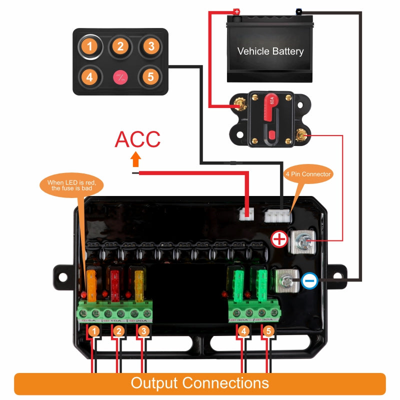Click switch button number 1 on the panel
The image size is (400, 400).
tap(89, 47)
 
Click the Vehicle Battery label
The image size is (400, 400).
tap(270, 51)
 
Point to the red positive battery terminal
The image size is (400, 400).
tap(236, 11)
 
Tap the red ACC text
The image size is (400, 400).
tap(137, 139)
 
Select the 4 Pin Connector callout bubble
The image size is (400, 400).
tap(308, 174)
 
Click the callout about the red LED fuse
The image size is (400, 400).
tap(75, 185)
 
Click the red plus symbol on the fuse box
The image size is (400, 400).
tap(279, 240)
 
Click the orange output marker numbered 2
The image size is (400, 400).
tap(118, 330)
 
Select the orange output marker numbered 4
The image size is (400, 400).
tap(243, 330)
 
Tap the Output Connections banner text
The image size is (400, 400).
tap(200, 383)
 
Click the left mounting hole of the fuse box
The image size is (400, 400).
tap(63, 275)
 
